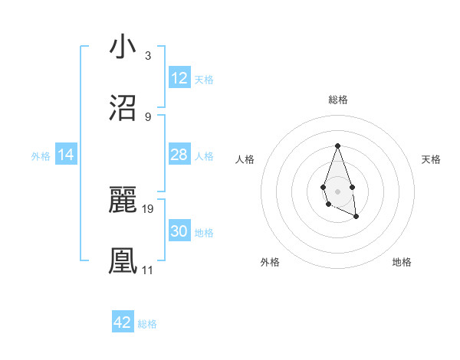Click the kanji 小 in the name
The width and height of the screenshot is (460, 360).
[123, 47]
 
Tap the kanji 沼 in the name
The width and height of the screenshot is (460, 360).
[123, 108]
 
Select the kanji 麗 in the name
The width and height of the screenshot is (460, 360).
[123, 200]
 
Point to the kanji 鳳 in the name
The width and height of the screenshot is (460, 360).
[123, 260]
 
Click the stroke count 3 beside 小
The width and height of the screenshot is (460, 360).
[147, 56]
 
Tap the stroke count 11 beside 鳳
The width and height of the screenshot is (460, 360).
[147, 270]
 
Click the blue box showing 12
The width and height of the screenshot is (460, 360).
[179, 78]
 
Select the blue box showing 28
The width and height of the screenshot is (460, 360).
[179, 155]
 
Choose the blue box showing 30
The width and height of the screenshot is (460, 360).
[179, 231]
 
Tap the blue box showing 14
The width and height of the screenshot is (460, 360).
[66, 155]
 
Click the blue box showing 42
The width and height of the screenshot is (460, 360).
[123, 322]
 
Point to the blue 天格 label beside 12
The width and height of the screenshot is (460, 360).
[204, 80]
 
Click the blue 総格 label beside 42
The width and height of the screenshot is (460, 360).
[147, 324]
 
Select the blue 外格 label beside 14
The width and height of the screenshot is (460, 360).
[41, 156]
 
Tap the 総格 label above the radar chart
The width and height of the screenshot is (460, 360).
[337, 100]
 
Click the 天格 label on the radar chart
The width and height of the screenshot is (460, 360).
[431, 159]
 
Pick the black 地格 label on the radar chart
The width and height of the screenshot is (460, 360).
[402, 262]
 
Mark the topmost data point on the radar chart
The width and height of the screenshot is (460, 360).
[337, 146]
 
